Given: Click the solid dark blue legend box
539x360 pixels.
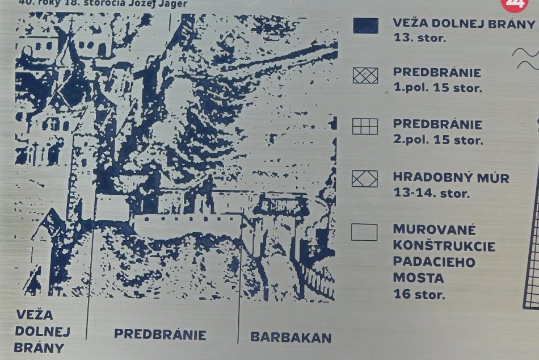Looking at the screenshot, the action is pos(365,26).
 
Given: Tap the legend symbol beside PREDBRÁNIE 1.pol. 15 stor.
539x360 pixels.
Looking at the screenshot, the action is pos(365,76).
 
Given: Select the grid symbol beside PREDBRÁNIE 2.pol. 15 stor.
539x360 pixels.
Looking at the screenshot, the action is pos(365,126).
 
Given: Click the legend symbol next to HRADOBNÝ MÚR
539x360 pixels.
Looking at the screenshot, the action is pos(364,179).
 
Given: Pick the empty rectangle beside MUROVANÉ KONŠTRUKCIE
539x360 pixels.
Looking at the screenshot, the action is pos(364,232).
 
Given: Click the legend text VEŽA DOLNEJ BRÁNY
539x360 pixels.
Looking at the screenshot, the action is pos(464,24).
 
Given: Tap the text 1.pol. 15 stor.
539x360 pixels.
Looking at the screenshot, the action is pos(437,88).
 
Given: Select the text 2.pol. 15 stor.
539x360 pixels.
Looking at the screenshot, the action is pos(438,139).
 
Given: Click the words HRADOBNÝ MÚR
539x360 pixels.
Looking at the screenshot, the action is pos(451,178).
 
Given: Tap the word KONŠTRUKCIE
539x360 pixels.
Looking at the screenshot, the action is pos(444,246).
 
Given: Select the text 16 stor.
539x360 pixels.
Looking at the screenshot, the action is pos(419,294).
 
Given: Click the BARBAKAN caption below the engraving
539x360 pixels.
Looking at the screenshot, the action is pos(291,337).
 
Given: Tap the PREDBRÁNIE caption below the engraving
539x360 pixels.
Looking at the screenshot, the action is pos(160,334).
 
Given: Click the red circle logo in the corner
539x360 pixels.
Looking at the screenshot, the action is pos(515,3).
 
